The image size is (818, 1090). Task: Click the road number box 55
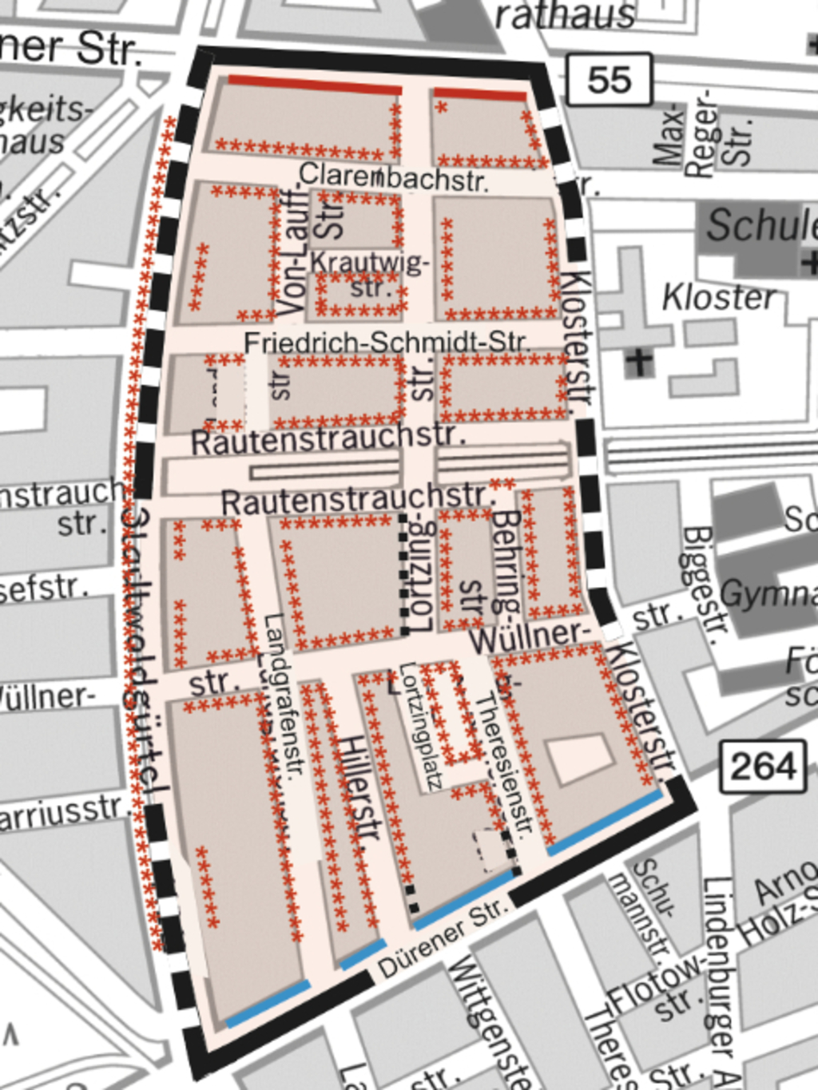pos(610,80)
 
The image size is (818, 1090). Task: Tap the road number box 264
pos(763,767)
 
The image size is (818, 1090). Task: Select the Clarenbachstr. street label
pos(393,177)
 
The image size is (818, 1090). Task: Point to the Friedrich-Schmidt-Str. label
pos(386,343)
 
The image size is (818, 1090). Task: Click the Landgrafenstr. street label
pos(284,695)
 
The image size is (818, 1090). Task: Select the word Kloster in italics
pos(718,298)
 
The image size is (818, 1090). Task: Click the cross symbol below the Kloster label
pos(638,362)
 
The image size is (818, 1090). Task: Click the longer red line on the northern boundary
pos(315,85)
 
